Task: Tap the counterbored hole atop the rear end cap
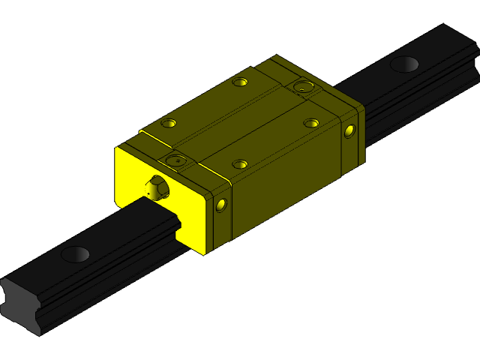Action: click(304, 86)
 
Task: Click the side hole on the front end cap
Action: click(220, 205)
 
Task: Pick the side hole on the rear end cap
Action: click(349, 132)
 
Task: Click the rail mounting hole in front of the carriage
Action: click(75, 254)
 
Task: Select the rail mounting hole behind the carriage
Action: click(404, 64)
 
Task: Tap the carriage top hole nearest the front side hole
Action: click(239, 163)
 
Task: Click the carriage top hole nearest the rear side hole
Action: click(311, 122)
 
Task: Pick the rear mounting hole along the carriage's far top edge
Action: click(239, 81)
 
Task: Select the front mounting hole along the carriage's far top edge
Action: click(169, 122)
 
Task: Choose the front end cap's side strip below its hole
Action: click(221, 229)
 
